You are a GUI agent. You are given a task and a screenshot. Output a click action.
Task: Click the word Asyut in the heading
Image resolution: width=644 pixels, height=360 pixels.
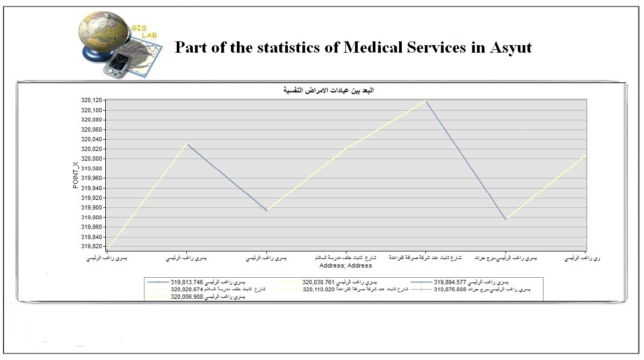point(510,48)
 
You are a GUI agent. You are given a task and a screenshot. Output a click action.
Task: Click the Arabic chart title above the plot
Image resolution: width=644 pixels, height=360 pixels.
point(328,90)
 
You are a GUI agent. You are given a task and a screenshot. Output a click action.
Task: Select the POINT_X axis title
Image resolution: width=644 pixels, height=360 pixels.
point(76,175)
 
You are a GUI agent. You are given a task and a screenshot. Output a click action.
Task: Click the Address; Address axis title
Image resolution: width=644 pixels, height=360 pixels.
point(345,265)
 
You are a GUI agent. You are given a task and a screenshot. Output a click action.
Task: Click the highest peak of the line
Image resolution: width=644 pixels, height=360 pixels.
point(425,100)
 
